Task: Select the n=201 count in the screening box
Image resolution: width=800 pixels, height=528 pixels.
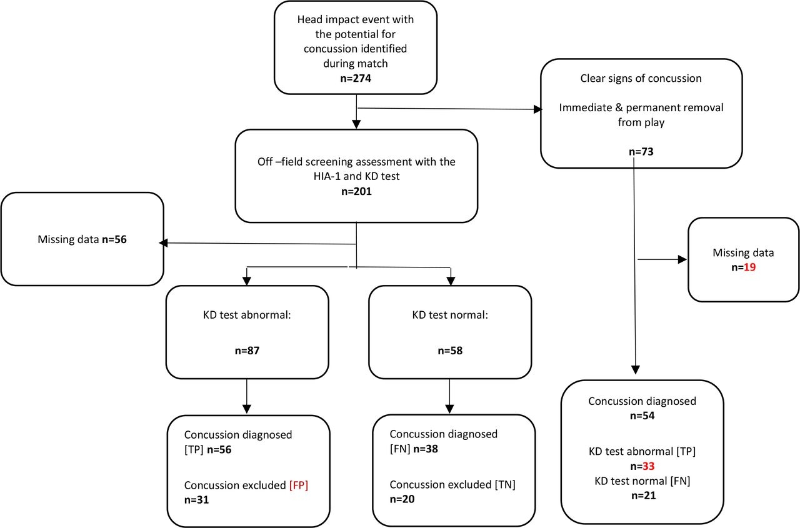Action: [x=356, y=192]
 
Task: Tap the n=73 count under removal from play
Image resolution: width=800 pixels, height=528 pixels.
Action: [x=641, y=152]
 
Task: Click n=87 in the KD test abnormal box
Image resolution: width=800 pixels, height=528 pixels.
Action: [x=248, y=351]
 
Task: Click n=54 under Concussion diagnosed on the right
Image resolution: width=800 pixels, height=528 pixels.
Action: [x=642, y=416]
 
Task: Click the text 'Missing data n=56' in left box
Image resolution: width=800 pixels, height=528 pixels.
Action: [x=82, y=239]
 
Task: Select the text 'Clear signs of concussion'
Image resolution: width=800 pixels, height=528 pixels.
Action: [x=641, y=79]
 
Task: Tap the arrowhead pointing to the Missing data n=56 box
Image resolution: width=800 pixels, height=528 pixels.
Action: [x=162, y=244]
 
